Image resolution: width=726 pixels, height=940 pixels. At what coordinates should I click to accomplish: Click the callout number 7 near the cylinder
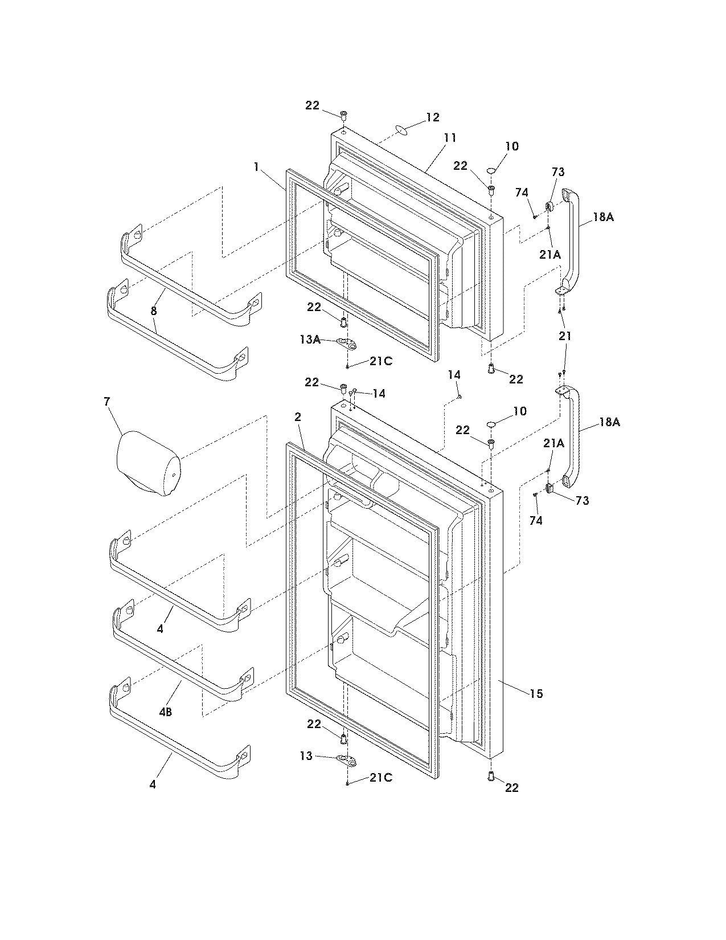coord(106,402)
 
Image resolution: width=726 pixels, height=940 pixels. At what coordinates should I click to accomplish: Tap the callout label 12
coord(433,117)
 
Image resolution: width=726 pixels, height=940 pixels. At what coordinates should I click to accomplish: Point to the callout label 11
coord(450,138)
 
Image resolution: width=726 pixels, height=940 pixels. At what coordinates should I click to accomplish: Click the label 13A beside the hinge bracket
coord(310,340)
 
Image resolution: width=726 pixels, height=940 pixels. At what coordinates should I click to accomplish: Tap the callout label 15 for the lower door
coord(536,694)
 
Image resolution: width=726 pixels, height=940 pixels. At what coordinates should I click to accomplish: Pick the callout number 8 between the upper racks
coord(154,311)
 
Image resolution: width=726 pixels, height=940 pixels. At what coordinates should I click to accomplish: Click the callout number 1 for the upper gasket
coord(257,167)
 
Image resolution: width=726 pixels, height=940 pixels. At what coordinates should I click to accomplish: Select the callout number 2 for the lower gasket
coord(297,417)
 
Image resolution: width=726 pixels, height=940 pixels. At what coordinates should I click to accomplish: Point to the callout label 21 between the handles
coord(564,336)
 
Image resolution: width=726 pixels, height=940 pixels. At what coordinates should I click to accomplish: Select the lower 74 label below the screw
coord(536,520)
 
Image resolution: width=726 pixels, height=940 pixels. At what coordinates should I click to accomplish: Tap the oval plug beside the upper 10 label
coord(493,170)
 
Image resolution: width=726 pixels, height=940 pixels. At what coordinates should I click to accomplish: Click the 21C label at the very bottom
coord(380,778)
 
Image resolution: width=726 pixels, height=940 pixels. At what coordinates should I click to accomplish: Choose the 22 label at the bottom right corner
coord(512,787)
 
